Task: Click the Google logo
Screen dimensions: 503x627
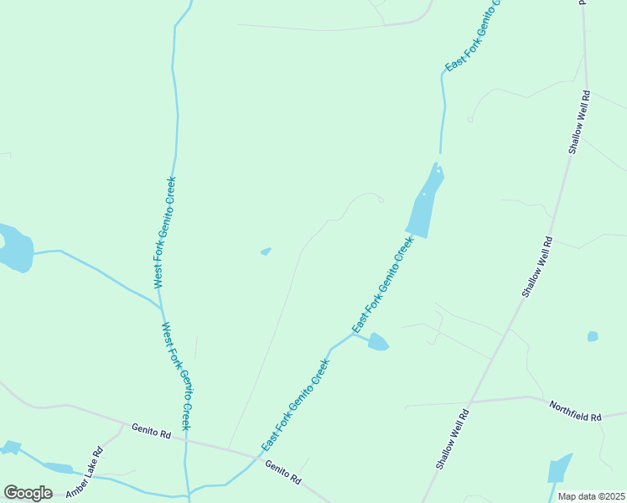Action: (x=28, y=493)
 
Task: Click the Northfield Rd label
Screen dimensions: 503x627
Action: (x=575, y=411)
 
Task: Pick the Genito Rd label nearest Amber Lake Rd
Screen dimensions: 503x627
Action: (x=151, y=432)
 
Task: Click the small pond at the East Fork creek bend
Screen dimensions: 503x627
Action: (x=378, y=342)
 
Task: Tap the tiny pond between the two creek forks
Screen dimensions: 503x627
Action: (x=266, y=251)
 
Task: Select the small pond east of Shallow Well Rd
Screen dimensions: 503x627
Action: (x=593, y=336)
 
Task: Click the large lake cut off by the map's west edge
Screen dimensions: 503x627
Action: (x=15, y=249)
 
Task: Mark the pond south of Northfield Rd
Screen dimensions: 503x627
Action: (x=559, y=469)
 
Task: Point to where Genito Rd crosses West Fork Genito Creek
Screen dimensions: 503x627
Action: (x=185, y=438)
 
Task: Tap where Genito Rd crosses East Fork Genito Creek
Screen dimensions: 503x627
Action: (x=256, y=456)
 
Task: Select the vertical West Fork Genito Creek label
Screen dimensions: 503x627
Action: (x=165, y=232)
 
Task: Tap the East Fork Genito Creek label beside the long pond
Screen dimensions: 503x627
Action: (x=382, y=283)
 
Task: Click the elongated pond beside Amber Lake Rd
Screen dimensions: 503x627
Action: (x=58, y=468)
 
